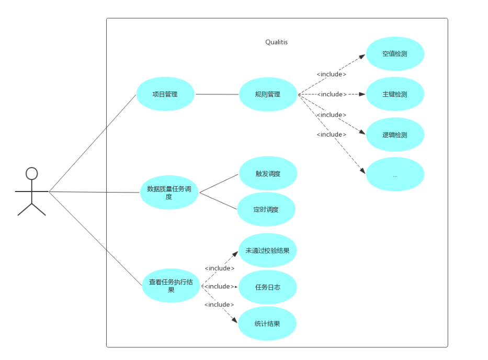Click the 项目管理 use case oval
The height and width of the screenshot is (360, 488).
[165, 94]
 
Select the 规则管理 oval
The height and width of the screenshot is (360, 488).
[268, 94]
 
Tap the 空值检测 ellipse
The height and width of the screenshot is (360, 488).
[395, 53]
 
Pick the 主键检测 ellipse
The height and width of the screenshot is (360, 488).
[395, 94]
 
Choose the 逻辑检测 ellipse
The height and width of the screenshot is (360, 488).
[395, 134]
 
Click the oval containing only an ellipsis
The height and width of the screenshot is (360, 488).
[395, 175]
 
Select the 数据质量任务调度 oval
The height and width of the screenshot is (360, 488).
[169, 193]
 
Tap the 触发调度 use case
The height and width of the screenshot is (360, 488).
[268, 174]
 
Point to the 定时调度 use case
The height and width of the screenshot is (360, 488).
[266, 209]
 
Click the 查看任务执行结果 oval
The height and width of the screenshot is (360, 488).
[171, 286]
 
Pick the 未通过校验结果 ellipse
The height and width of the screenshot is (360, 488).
[267, 250]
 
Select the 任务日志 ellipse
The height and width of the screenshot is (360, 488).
[267, 287]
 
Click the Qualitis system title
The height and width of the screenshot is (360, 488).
[276, 42]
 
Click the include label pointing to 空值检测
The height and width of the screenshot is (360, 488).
[332, 74]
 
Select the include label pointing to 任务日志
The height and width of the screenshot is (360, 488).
[219, 286]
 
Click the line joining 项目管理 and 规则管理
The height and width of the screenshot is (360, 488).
[217, 94]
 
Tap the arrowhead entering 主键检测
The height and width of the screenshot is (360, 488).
[362, 94]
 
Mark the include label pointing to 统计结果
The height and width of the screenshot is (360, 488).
[219, 305]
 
